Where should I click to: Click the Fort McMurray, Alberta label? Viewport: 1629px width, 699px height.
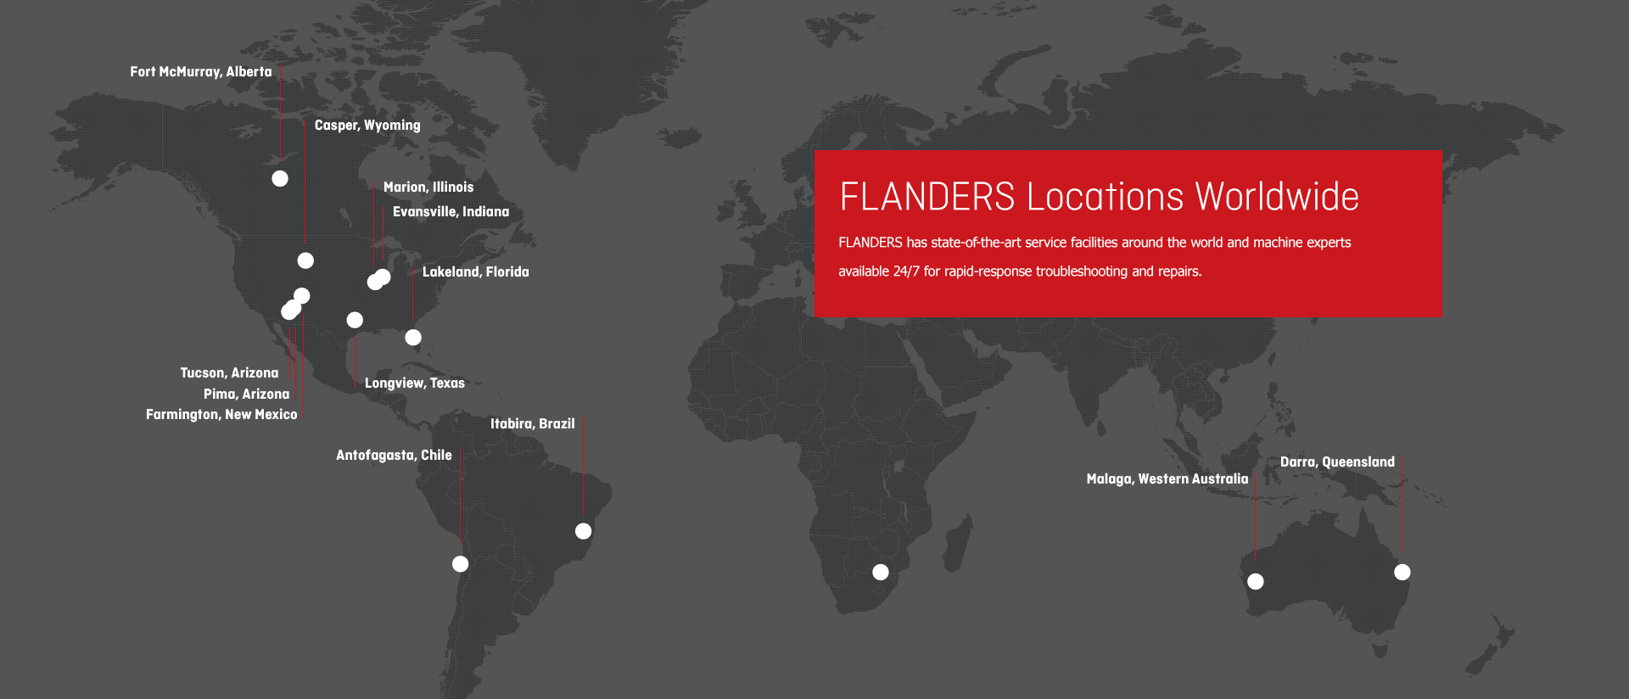(x=201, y=72)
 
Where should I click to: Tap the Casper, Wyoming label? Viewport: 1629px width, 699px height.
(x=367, y=126)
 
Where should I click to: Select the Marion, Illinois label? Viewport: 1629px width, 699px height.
(x=428, y=187)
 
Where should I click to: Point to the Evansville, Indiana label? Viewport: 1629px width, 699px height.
(x=451, y=212)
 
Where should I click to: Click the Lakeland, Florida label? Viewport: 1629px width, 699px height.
(x=475, y=272)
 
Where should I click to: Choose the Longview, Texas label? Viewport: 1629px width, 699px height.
(x=414, y=383)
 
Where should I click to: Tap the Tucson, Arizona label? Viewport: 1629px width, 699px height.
(x=229, y=373)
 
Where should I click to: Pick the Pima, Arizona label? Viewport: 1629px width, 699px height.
(x=246, y=394)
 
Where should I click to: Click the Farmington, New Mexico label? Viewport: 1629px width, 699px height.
(x=221, y=415)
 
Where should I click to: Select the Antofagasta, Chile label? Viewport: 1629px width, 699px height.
(x=394, y=456)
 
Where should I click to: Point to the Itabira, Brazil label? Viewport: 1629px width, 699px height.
(x=532, y=424)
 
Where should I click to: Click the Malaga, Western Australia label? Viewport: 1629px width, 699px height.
(x=1167, y=479)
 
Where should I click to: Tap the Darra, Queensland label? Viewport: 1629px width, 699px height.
(x=1337, y=462)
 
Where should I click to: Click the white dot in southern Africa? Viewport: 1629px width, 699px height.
(x=881, y=573)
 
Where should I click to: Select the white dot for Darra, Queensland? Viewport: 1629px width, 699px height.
(x=1402, y=573)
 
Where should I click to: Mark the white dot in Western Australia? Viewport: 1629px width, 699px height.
(x=1256, y=581)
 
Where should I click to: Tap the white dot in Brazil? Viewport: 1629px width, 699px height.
(x=583, y=531)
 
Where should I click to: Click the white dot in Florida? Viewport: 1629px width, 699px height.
(x=413, y=338)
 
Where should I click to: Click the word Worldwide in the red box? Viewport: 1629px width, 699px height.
(x=1277, y=197)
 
